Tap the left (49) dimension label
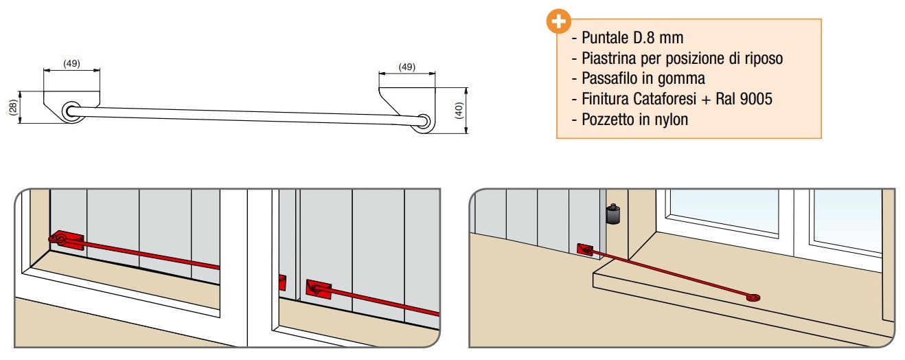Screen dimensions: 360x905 71,63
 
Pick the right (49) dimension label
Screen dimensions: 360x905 406,67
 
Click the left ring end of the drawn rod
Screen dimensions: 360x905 72,112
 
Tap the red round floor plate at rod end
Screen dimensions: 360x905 754,297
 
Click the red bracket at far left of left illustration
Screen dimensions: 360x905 65,240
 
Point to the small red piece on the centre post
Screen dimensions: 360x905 282,282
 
